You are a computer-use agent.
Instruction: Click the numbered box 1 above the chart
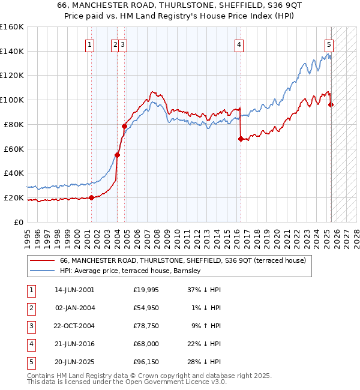(89, 44)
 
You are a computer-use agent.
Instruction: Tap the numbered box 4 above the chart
(239, 44)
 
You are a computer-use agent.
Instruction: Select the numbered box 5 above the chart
(329, 44)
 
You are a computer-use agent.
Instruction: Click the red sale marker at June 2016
(241, 139)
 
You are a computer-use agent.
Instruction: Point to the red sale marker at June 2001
(91, 197)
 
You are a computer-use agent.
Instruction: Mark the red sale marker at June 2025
(331, 104)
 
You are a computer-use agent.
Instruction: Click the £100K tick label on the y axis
(12, 100)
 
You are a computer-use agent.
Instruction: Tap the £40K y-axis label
(14, 173)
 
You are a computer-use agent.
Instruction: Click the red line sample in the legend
(42, 260)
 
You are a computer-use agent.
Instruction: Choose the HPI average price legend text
(130, 271)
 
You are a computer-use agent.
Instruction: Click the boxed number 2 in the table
(31, 308)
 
